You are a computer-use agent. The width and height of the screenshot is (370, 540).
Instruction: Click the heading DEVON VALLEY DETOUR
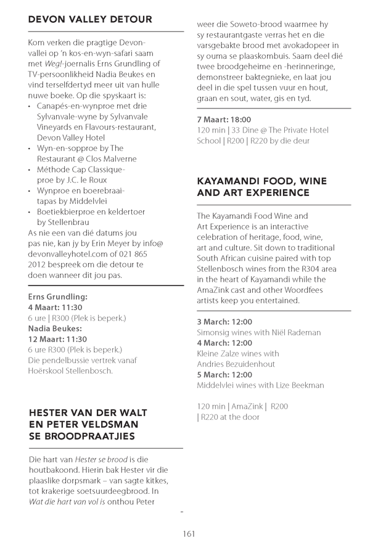[90, 20]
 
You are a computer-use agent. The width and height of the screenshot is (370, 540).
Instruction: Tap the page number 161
[189, 533]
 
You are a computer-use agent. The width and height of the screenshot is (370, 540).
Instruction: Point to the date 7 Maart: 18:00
[224, 119]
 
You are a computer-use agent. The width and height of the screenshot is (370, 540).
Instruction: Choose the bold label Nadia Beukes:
[54, 329]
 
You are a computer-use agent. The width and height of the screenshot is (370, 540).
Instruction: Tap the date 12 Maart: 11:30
[57, 339]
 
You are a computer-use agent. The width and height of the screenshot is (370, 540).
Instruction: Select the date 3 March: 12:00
[224, 322]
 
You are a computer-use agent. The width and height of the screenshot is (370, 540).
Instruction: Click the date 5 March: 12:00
[224, 375]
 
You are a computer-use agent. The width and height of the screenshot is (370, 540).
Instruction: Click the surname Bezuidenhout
[254, 364]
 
